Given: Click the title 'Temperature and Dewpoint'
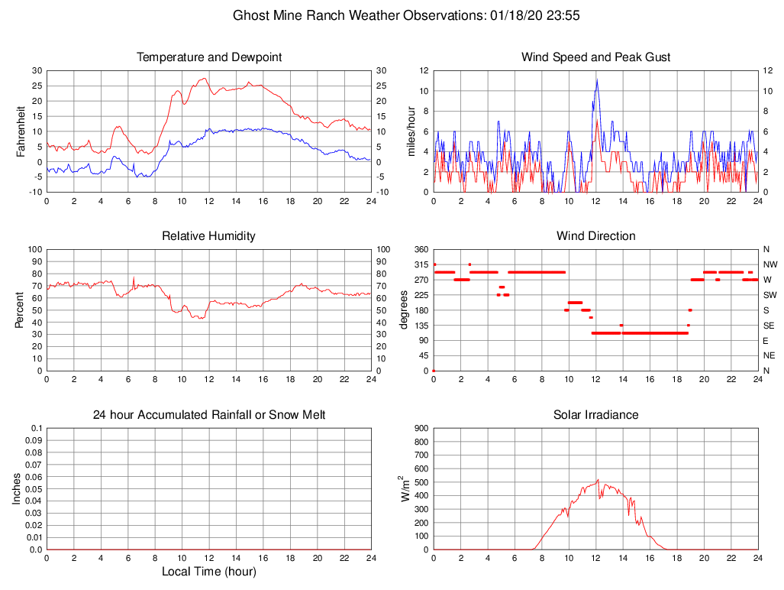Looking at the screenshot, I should pos(209,57).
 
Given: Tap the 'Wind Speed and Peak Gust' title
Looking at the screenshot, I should pos(595,57).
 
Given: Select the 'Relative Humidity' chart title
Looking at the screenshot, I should pos(209,236).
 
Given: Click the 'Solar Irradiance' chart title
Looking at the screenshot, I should pos(595,415).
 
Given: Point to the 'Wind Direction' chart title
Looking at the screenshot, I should pos(595,236).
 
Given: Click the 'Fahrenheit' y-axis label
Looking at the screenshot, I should pos(21,131).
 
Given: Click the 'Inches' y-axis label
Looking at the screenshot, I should pos(17,488).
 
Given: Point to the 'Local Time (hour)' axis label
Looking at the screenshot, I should pos(209,572).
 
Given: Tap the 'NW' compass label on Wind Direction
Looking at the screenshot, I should pos(769,264).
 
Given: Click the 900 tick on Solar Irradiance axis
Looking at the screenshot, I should pos(421,428).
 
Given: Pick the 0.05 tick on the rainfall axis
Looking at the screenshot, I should pos(33,489).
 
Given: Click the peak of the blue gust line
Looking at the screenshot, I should pos(596,79).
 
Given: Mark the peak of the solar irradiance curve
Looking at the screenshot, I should pos(598,480).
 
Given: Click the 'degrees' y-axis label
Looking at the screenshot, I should pos(404,310).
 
